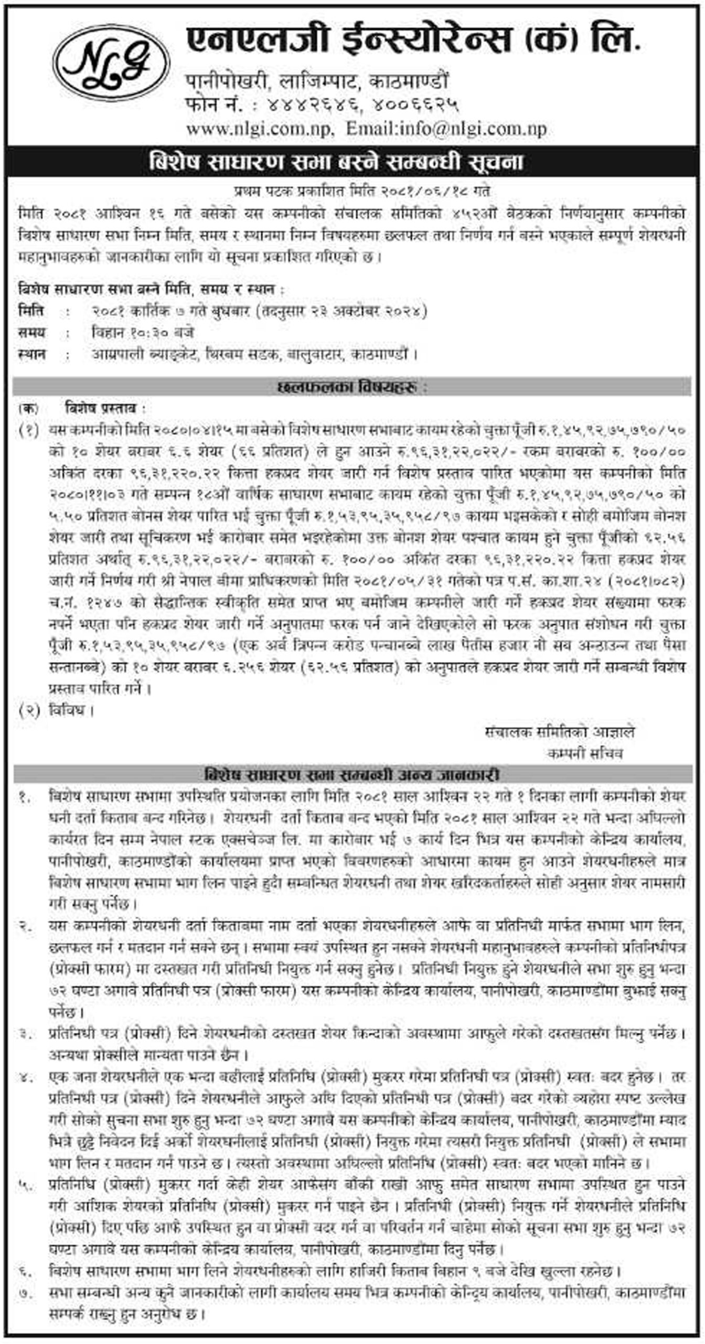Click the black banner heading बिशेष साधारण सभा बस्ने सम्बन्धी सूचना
[x=336, y=162]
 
